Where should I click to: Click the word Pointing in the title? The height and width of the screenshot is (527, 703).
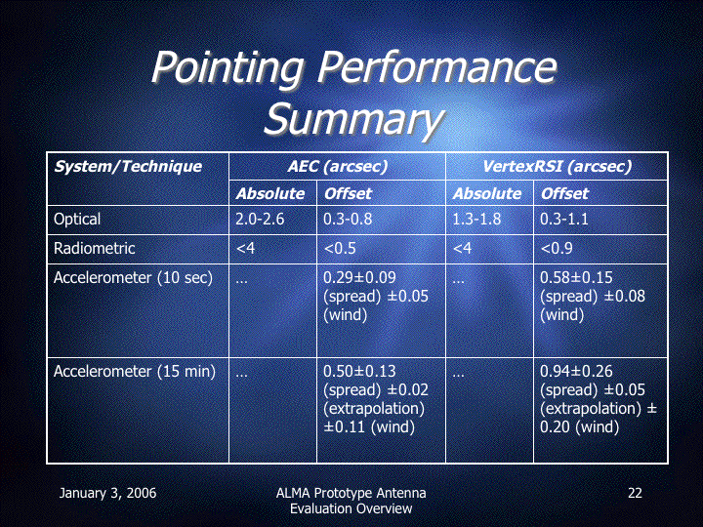point(227,67)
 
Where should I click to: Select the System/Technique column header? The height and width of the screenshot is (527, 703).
point(128,167)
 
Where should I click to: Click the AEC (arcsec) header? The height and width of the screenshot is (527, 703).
point(337,167)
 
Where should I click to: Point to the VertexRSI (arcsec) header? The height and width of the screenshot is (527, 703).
point(557,167)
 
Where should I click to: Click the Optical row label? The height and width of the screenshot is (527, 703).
point(77,220)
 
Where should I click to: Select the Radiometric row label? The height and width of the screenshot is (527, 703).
point(94,248)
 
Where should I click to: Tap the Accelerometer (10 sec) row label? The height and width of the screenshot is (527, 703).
point(133,278)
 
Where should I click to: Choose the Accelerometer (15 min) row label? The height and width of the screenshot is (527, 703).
point(135,372)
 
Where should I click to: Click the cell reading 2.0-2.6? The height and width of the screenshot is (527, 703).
point(260,220)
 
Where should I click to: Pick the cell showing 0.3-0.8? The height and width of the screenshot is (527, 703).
point(348,220)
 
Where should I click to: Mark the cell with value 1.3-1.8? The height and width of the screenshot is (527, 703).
point(476,220)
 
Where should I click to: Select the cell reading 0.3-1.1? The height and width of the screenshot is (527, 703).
point(564,220)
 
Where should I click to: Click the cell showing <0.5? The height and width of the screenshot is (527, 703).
point(340,248)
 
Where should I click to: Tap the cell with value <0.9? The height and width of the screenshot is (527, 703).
point(557,248)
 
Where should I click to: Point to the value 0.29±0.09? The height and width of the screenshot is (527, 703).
point(359,278)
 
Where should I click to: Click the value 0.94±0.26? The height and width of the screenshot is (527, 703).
point(576,372)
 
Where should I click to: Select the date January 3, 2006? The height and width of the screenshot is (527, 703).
point(107,494)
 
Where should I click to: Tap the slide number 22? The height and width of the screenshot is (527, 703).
point(635,493)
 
